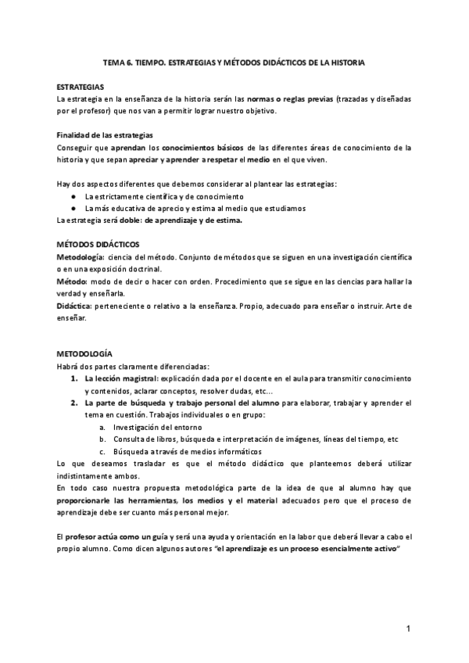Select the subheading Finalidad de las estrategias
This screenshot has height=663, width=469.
tap(104, 135)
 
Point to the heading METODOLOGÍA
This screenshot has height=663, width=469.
tap(84, 353)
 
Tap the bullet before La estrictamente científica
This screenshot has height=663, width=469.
tap(72, 196)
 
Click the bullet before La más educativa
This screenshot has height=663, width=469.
tap(72, 209)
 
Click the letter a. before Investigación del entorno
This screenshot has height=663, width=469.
tap(102, 427)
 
